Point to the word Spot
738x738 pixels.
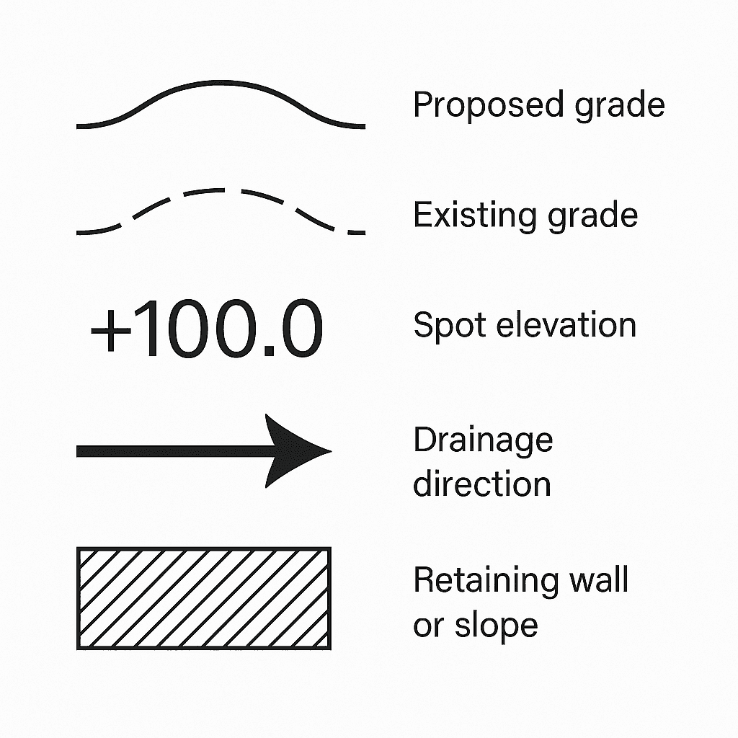(x=442, y=325)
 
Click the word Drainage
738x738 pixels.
(x=483, y=440)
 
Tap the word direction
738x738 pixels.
(x=481, y=483)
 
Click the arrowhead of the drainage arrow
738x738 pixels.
(x=295, y=451)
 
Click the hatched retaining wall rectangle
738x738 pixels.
(x=204, y=597)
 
